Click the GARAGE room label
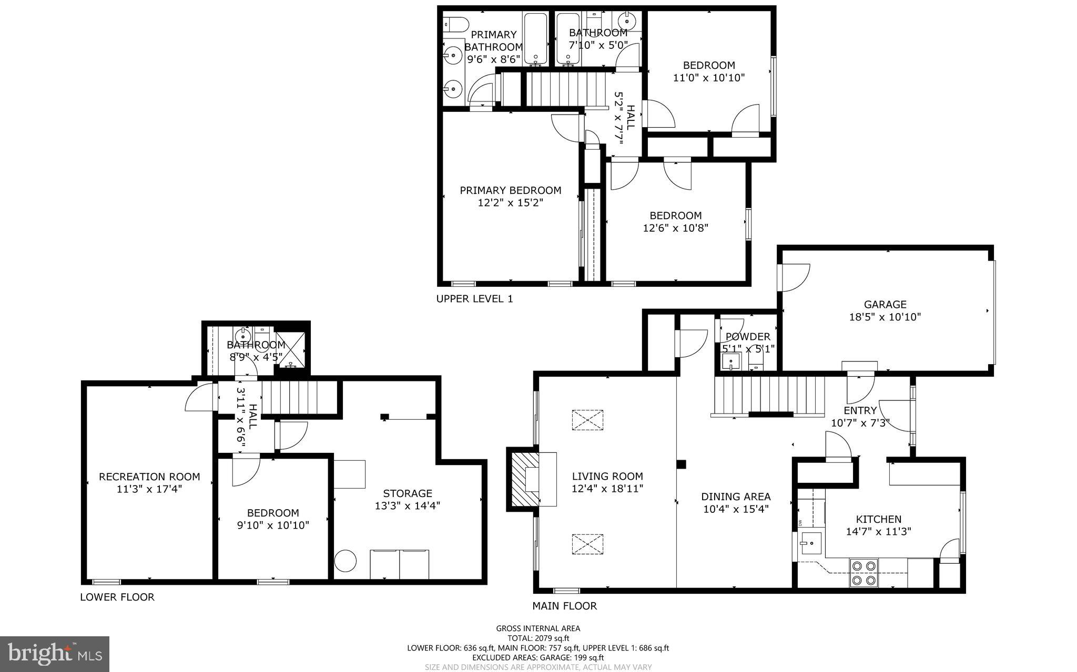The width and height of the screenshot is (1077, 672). coord(885,304)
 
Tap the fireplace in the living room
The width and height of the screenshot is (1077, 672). coord(524,479)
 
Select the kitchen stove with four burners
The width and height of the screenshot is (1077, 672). coord(865,573)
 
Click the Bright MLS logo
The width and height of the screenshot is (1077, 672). coord(55,654)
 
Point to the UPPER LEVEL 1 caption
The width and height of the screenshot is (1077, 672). coord(474,299)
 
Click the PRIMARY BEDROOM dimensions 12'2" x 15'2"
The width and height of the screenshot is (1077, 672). coord(510,203)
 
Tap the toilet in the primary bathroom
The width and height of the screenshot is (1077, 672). coord(455,24)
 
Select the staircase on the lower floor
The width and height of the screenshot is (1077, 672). coord(299,398)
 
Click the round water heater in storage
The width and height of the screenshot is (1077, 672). coord(346,561)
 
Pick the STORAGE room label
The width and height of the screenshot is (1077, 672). coord(408,493)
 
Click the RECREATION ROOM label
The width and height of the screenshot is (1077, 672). coord(149,477)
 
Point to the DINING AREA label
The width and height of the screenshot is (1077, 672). coord(736,497)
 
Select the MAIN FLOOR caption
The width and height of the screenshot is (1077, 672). coord(564,606)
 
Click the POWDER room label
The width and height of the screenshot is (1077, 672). coord(748,337)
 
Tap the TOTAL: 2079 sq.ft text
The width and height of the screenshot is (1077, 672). coord(538,638)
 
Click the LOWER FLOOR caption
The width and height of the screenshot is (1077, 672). coord(117,597)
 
